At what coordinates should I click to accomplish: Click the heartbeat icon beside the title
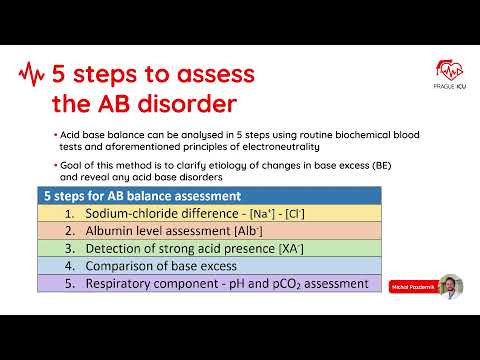click(x=33, y=74)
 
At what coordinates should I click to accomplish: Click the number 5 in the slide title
click(x=63, y=74)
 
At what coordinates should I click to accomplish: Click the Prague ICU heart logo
click(x=448, y=69)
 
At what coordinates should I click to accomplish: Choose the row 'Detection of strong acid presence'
click(x=192, y=249)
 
